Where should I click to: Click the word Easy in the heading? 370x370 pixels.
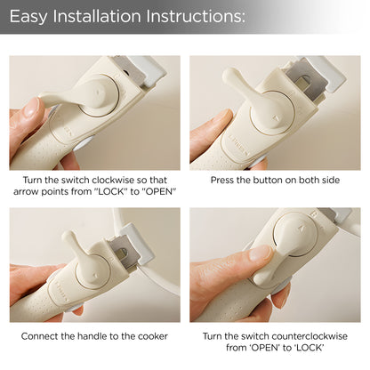pos(28,16)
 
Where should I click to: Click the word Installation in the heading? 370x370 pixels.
pos(97,16)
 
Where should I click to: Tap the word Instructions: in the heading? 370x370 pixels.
pos(196,16)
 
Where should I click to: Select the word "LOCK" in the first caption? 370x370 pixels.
pos(110,191)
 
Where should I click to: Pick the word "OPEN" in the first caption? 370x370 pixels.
pos(159,191)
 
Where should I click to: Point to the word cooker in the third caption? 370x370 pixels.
pos(153,336)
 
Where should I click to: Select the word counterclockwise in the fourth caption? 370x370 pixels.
pos(310,336)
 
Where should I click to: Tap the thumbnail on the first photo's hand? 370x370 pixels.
pos(32,108)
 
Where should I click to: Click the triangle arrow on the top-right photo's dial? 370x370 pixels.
pos(277,118)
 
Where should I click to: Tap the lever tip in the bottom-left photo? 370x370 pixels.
pos(68,236)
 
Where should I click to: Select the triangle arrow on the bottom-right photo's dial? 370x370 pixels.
pos(302,228)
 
